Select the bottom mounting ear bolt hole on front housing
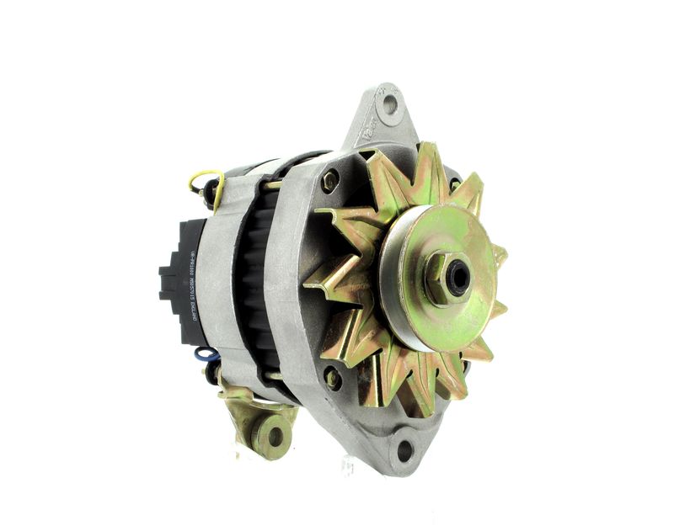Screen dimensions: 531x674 click(405, 451)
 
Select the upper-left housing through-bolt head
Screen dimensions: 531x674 click(329, 180)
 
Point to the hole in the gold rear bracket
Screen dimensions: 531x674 click(273, 434)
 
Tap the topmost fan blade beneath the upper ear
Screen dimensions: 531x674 click(425, 164)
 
